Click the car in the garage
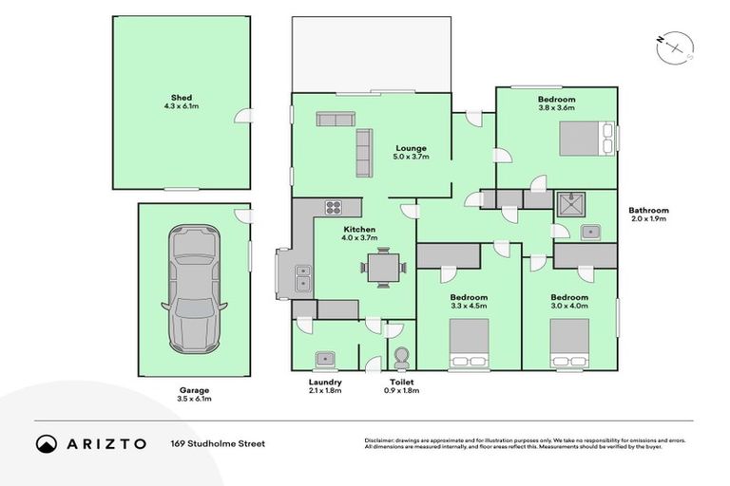point(194,289)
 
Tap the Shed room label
point(182,98)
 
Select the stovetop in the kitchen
point(334,207)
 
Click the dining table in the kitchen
point(383,268)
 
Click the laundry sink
point(325,359)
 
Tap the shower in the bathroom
point(570,205)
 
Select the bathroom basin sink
point(590,232)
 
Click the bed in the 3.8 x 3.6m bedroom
point(586,139)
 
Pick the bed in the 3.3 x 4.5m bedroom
point(469,344)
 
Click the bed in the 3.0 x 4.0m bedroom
point(569,344)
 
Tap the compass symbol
point(675,47)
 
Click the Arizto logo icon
point(46,443)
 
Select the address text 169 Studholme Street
point(218,443)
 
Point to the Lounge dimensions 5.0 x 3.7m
point(411,157)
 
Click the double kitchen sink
point(303,277)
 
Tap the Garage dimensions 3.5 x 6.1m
point(194,399)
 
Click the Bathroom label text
point(648,210)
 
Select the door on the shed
point(243,116)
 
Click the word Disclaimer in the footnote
point(379,439)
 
